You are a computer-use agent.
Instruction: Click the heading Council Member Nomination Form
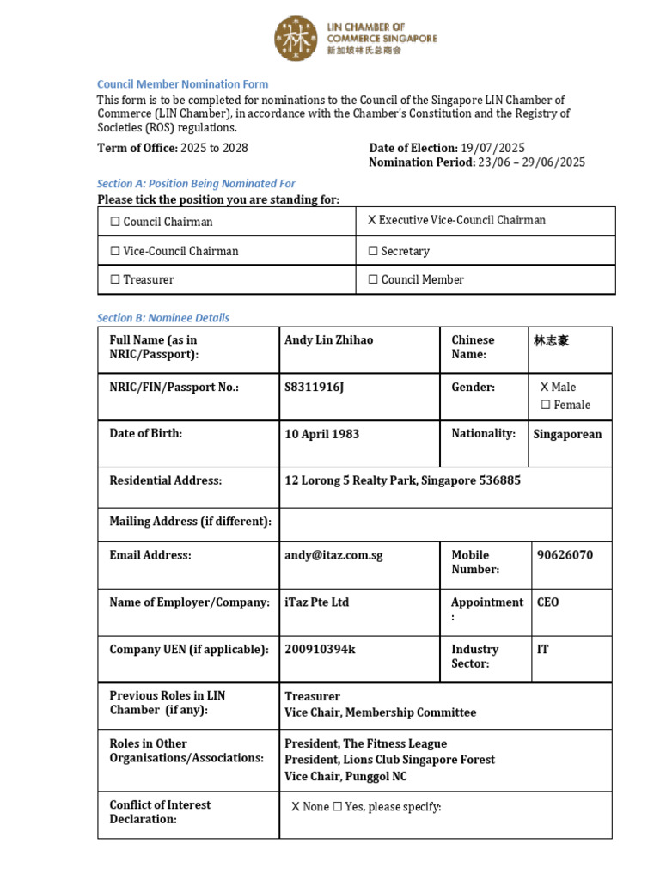click(x=182, y=84)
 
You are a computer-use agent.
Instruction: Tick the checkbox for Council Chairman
click(x=115, y=222)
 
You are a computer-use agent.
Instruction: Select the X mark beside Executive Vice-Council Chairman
click(x=372, y=220)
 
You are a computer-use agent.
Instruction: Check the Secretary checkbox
click(x=373, y=251)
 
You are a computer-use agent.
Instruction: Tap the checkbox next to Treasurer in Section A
click(x=115, y=279)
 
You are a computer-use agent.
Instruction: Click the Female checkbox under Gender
click(x=545, y=405)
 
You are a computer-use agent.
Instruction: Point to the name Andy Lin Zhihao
click(x=328, y=339)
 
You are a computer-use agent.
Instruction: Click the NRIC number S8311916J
click(x=314, y=387)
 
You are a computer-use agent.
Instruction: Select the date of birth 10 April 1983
click(x=321, y=434)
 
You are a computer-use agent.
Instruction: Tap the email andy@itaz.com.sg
click(x=333, y=555)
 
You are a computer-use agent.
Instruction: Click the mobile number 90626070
click(x=565, y=555)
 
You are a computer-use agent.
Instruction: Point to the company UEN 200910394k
click(x=320, y=650)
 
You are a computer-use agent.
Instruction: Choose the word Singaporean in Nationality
click(x=567, y=434)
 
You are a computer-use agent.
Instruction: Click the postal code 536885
click(x=498, y=480)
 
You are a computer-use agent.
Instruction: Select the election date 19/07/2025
click(x=492, y=148)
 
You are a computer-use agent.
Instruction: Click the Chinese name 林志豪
click(x=551, y=340)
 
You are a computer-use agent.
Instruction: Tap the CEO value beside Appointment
click(x=547, y=602)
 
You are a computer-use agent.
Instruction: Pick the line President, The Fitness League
click(x=365, y=743)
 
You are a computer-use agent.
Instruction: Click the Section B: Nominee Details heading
click(x=163, y=317)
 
